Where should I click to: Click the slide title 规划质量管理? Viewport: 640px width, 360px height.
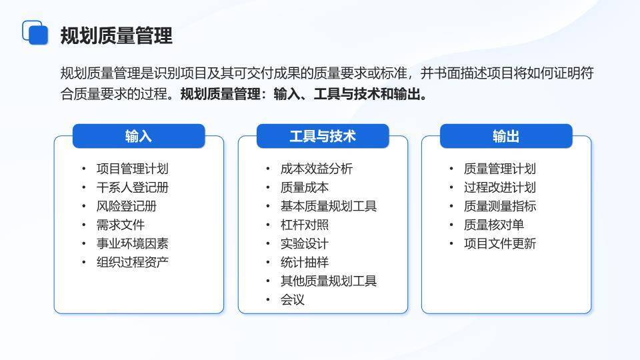(x=116, y=35)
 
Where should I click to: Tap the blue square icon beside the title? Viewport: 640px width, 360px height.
(x=35, y=33)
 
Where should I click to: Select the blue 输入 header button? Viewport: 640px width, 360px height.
(x=139, y=136)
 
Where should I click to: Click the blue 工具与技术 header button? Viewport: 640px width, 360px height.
(x=323, y=136)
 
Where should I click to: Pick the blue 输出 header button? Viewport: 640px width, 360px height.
(x=506, y=136)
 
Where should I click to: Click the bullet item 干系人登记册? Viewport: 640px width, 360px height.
(x=132, y=187)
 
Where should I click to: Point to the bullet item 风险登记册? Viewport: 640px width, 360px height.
(x=126, y=206)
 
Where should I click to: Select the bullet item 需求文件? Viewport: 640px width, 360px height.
(x=120, y=225)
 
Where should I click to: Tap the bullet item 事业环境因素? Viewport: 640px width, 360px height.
(x=132, y=243)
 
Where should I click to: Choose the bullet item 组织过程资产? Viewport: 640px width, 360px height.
(x=132, y=262)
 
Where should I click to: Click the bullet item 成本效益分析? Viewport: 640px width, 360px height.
(x=316, y=169)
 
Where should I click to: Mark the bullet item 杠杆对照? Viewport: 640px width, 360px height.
(x=304, y=225)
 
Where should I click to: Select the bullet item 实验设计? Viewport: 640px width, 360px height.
(x=304, y=243)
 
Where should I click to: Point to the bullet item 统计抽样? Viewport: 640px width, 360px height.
(x=304, y=262)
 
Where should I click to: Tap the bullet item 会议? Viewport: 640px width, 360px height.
(x=292, y=299)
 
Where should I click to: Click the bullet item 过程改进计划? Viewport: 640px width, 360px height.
(x=499, y=187)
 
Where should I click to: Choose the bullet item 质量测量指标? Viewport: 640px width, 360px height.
(x=499, y=206)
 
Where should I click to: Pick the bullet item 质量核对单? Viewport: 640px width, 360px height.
(x=493, y=225)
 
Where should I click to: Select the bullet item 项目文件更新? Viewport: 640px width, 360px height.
(x=499, y=243)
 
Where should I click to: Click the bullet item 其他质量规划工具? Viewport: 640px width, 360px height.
(x=328, y=281)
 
